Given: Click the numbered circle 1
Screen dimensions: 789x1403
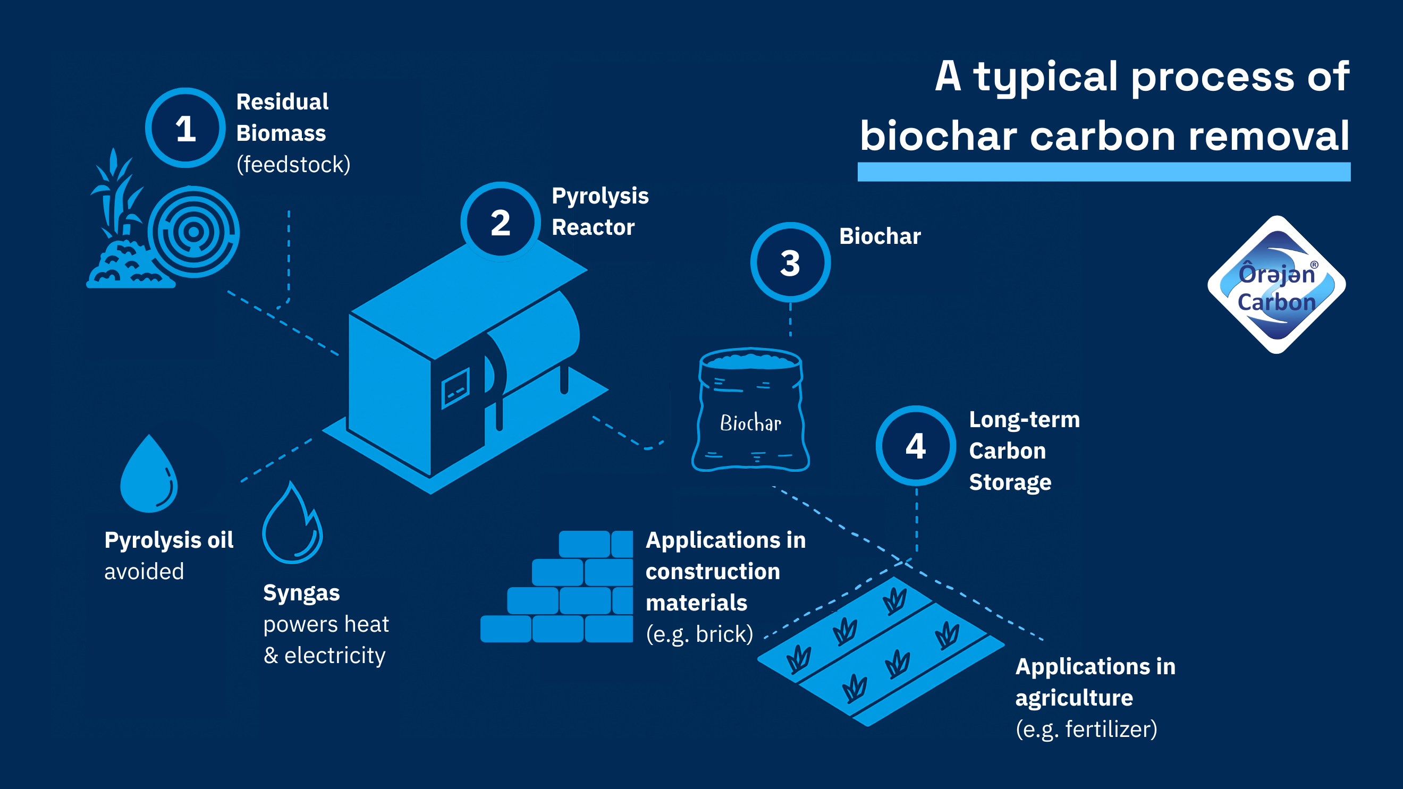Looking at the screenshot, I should pos(185,128).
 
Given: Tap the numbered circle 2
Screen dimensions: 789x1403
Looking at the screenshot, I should pos(501,222).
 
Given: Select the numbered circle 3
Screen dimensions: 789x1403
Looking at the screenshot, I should pos(790,262).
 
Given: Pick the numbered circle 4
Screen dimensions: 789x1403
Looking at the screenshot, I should pos(916,446).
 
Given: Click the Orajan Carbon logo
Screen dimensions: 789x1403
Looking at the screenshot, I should pos(1276,285).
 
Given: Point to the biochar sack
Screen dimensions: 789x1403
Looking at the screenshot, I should pos(750,411).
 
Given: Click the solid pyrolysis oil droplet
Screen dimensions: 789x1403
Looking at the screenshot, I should pos(149,477).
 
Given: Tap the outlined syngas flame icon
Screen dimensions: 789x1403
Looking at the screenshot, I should pos(292,525).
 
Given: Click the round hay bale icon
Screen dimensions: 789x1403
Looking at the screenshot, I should pos(193,232).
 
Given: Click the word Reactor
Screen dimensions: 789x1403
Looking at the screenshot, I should pos(593,227).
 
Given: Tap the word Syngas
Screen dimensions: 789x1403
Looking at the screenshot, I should pos(301,593).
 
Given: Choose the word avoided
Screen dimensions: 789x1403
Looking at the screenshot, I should pos(144,572).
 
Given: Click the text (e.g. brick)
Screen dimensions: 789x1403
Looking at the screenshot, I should pos(699,634).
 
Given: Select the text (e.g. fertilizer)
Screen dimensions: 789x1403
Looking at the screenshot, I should pos(1087,729).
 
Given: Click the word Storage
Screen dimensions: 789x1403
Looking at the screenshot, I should pos(1010,482).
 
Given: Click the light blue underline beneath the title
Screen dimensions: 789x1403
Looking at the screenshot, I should pos(1103,172).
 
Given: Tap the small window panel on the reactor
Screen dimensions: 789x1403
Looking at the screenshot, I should pos(455,388).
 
